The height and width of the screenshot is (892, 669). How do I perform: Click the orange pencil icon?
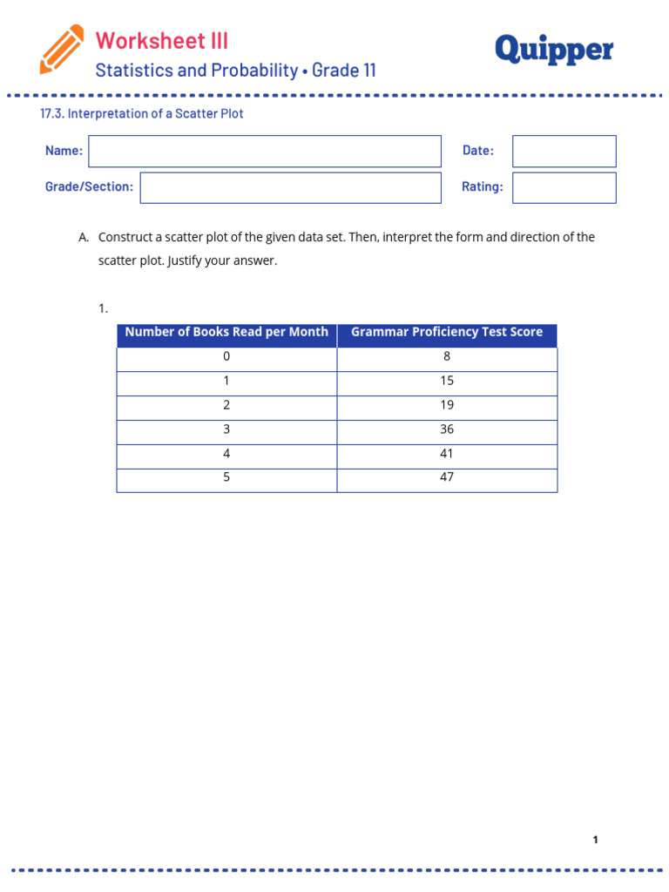(62, 49)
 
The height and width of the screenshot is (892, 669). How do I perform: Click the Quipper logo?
(554, 51)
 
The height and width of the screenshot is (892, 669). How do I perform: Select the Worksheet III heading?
(162, 40)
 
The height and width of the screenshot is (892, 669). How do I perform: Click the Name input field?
(265, 151)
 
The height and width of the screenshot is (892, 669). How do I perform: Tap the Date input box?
(564, 151)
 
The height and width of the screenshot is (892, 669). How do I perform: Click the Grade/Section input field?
(290, 187)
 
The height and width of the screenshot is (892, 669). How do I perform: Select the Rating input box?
(564, 187)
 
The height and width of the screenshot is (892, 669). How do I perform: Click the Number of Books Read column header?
(226, 332)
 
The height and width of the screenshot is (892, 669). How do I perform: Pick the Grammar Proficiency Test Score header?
(447, 332)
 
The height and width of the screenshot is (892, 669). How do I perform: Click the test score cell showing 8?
(447, 356)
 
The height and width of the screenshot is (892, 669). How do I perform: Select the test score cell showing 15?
(447, 381)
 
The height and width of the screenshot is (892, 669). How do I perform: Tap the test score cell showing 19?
(447, 405)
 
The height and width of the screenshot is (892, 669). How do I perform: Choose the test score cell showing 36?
(447, 429)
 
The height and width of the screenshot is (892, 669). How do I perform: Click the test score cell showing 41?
(447, 454)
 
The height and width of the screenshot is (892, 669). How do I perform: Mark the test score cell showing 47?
(447, 477)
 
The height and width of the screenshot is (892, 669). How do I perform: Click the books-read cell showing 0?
(226, 356)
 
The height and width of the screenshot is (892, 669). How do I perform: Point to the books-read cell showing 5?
(226, 477)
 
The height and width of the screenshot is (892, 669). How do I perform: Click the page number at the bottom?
(595, 840)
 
